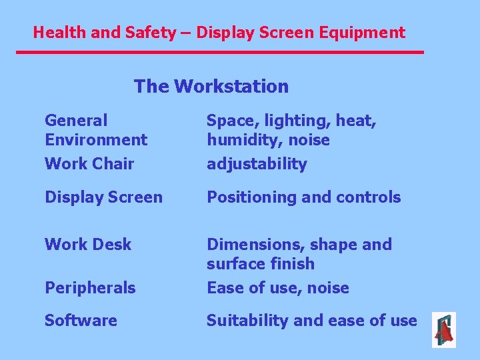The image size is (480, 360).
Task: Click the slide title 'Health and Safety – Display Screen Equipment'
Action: pos(219,32)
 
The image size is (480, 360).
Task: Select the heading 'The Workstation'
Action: pos(211,87)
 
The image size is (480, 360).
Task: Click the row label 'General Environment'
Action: pos(95,130)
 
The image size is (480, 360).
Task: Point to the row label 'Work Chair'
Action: pos(89,164)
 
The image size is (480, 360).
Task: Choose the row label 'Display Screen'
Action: pos(103,197)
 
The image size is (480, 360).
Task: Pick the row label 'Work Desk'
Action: pos(88,245)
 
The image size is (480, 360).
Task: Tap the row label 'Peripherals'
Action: pos(90,288)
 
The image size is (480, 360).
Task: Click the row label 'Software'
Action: pos(81,321)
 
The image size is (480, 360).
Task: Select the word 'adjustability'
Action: pos(257,164)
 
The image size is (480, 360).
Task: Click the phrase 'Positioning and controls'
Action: pos(303,197)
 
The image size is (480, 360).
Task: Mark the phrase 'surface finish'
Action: pos(260,264)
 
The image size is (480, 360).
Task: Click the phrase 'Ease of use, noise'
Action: pos(277,288)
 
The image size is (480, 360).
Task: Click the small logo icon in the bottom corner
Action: pos(443,330)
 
